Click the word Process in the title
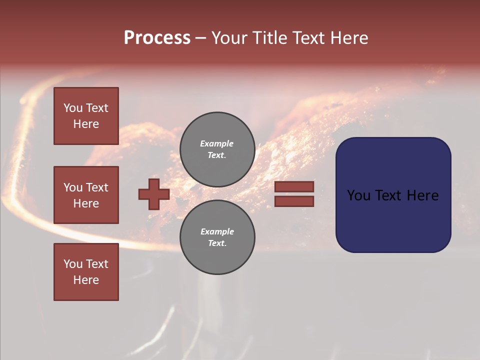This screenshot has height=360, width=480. click(x=157, y=38)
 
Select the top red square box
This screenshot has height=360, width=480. click(x=86, y=116)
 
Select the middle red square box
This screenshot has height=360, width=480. click(x=86, y=195)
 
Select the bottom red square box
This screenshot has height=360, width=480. click(x=86, y=272)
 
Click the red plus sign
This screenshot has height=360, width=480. click(x=154, y=194)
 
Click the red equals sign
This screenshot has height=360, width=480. click(x=294, y=194)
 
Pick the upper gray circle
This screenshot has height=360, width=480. click(x=217, y=149)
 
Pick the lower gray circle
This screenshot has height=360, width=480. click(x=217, y=237)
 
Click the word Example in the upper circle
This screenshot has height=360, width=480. click(x=216, y=143)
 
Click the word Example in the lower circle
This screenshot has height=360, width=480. click(x=217, y=231)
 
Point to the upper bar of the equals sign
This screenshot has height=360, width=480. click(x=294, y=187)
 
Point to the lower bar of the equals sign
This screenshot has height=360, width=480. click(x=294, y=201)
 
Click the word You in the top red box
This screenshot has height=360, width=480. click(x=73, y=108)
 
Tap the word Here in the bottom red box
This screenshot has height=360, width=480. click(x=86, y=280)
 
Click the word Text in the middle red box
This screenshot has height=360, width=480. click(x=96, y=187)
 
